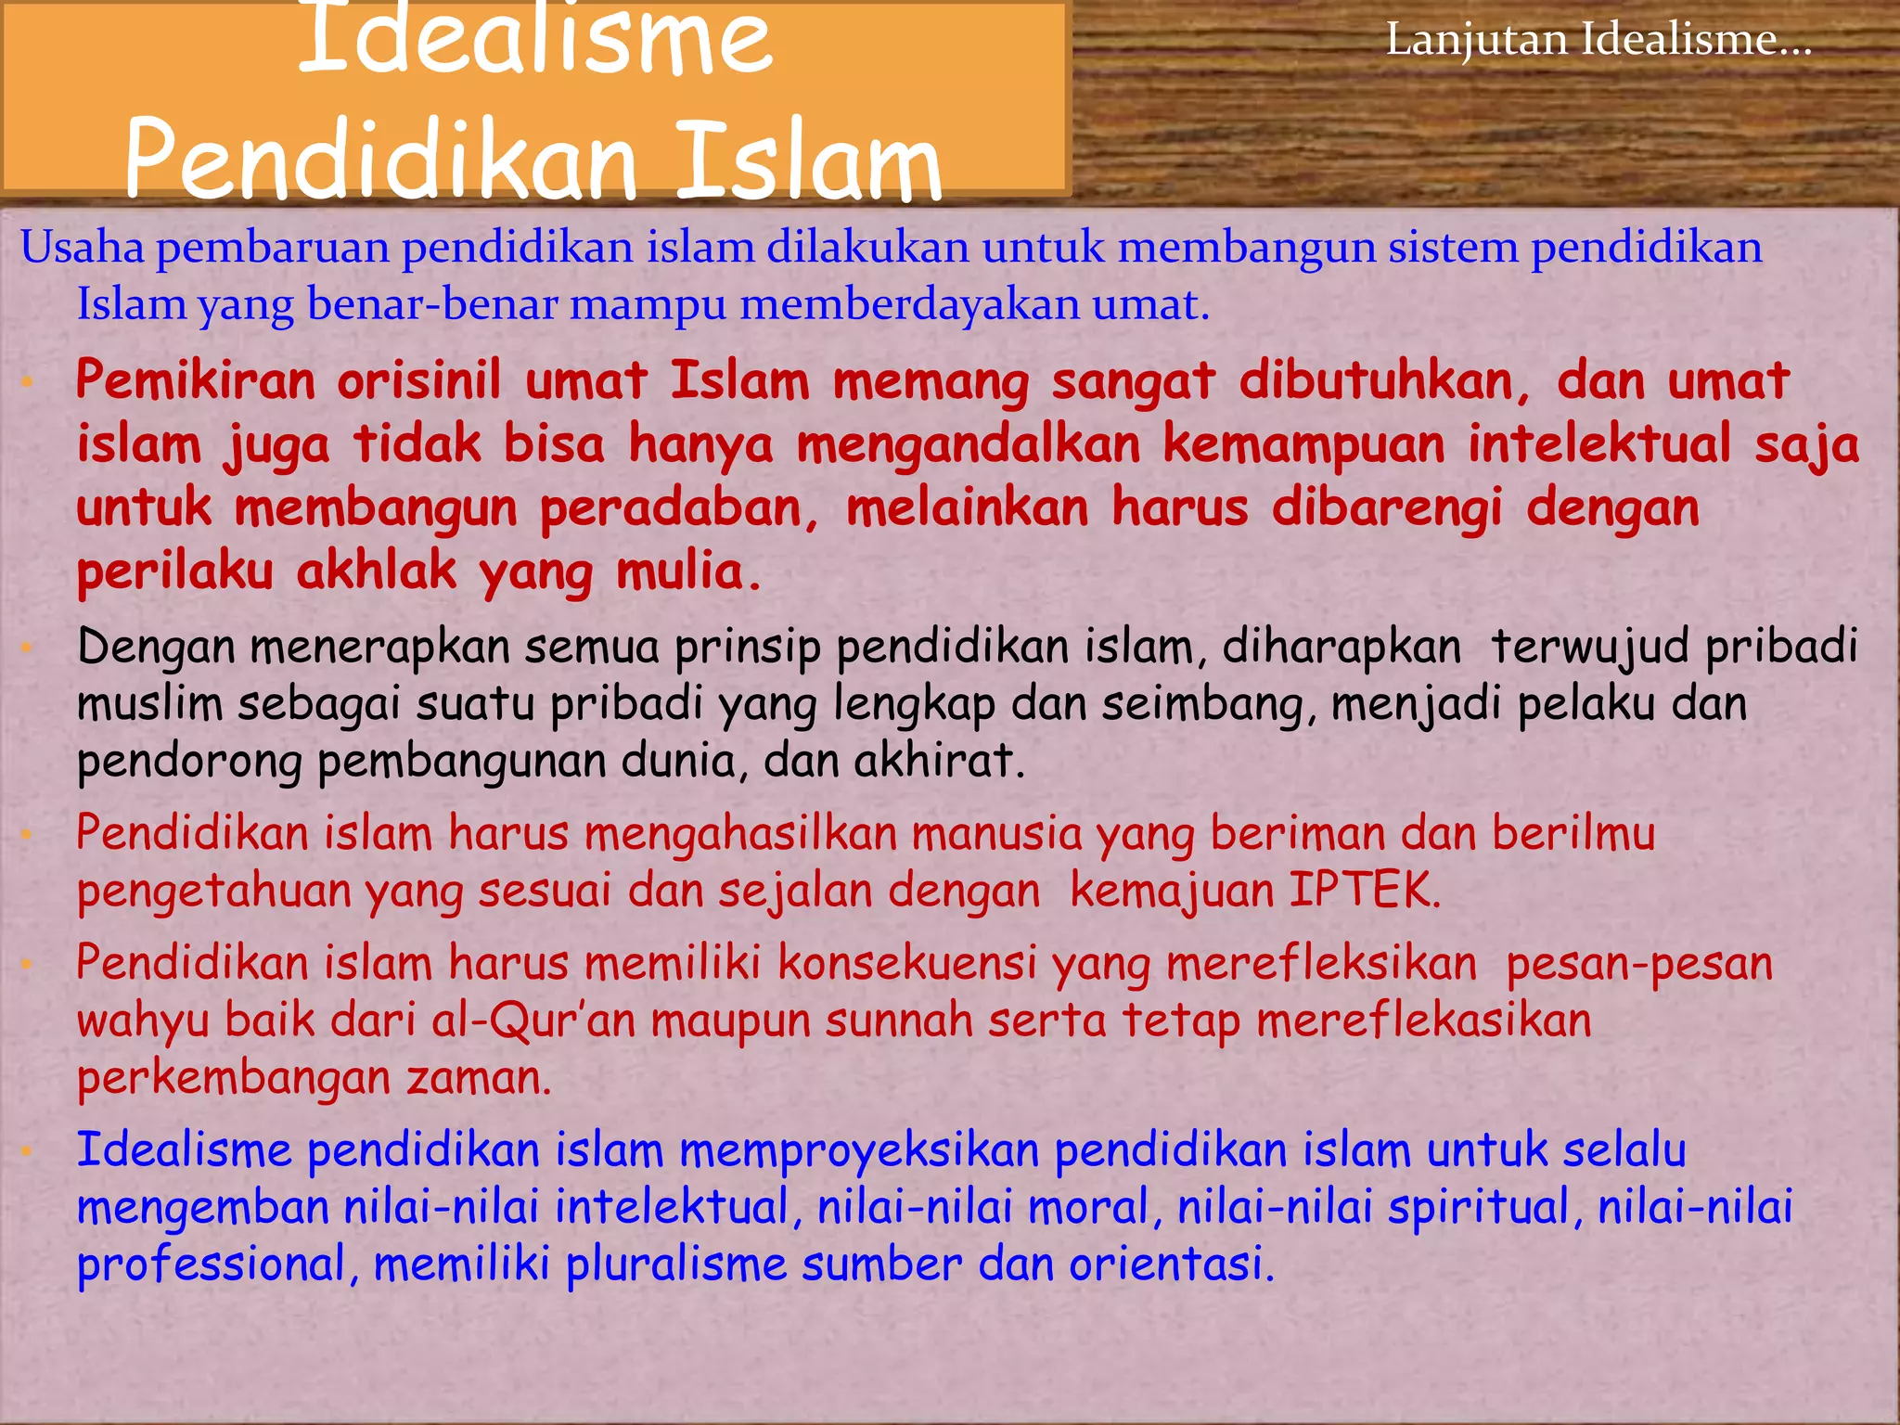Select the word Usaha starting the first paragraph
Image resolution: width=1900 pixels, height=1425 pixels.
(82, 249)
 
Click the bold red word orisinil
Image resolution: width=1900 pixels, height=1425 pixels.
(418, 381)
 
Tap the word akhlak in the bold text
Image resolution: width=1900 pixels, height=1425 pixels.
(376, 571)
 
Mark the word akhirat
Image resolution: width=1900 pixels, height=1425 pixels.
(938, 762)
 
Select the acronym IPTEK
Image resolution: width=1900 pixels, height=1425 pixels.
(1364, 891)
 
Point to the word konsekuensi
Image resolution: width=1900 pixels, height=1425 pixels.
(906, 963)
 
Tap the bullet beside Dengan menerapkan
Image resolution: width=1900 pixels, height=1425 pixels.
(28, 648)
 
